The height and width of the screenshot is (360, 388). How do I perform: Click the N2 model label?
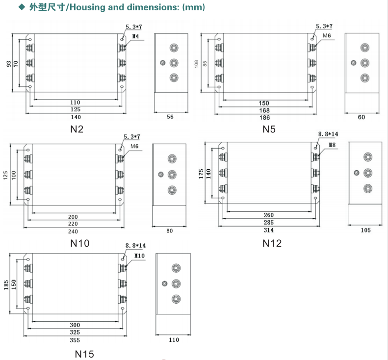[x=77, y=129]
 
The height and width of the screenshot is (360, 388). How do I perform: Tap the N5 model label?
[x=269, y=129]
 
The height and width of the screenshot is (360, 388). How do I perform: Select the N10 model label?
[x=79, y=243]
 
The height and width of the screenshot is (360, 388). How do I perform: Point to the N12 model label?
[x=272, y=243]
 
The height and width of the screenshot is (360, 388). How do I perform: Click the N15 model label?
[x=84, y=354]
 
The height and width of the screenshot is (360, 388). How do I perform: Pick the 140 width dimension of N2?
[x=76, y=117]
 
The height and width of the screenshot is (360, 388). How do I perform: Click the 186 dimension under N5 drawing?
[x=264, y=118]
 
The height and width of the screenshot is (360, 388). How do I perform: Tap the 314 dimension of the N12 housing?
[x=268, y=230]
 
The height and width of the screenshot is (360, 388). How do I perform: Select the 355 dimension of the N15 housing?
[x=75, y=340]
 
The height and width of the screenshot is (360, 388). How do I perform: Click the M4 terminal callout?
[x=135, y=36]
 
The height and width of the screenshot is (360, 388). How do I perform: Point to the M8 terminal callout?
[x=332, y=145]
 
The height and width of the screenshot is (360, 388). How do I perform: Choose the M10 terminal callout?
[x=139, y=256]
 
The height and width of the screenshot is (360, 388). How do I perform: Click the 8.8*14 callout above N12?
[x=328, y=134]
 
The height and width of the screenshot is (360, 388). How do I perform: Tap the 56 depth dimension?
[x=170, y=117]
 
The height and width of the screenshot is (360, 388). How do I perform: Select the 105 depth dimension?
[x=365, y=230]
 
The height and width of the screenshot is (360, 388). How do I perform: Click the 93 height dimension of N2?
[x=9, y=64]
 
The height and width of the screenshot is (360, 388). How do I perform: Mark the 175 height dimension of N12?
[x=201, y=174]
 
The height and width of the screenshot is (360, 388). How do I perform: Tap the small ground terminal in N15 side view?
[x=164, y=283]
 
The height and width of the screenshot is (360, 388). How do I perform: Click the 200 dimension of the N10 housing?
[x=73, y=217]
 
